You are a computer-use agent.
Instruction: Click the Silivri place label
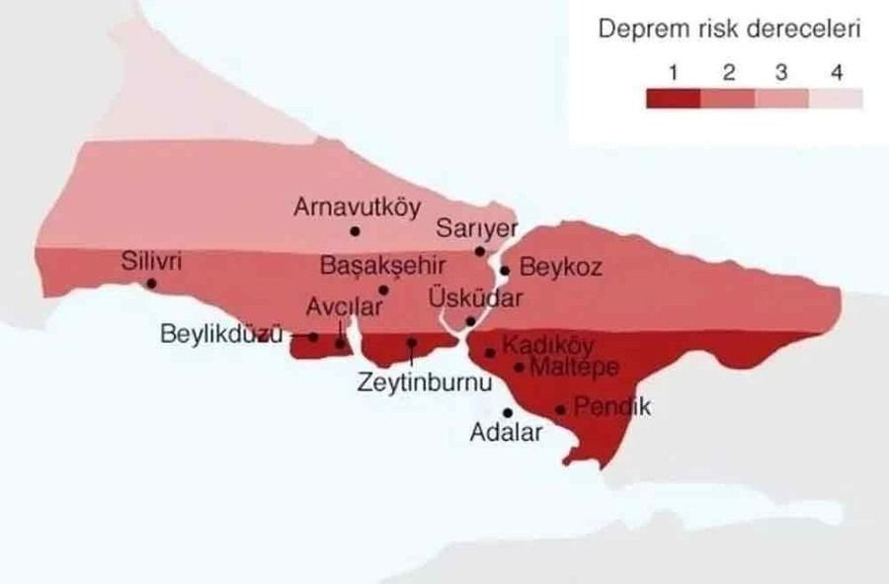tap(152, 263)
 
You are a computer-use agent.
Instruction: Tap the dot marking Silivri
tap(151, 284)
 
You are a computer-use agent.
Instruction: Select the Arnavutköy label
tap(357, 208)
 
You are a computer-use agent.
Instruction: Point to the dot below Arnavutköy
tap(355, 231)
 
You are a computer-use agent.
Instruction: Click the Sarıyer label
tap(477, 228)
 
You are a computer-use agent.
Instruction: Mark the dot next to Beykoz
tap(505, 270)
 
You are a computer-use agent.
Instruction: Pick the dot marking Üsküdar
tap(470, 321)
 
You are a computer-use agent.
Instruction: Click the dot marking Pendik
tap(560, 409)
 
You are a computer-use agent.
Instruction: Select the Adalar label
tap(506, 433)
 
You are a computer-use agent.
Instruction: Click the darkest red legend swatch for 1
tap(673, 98)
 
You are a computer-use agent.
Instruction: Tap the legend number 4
tap(836, 72)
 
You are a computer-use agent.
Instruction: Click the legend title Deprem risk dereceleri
tap(730, 30)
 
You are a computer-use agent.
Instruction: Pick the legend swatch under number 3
tap(781, 98)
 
